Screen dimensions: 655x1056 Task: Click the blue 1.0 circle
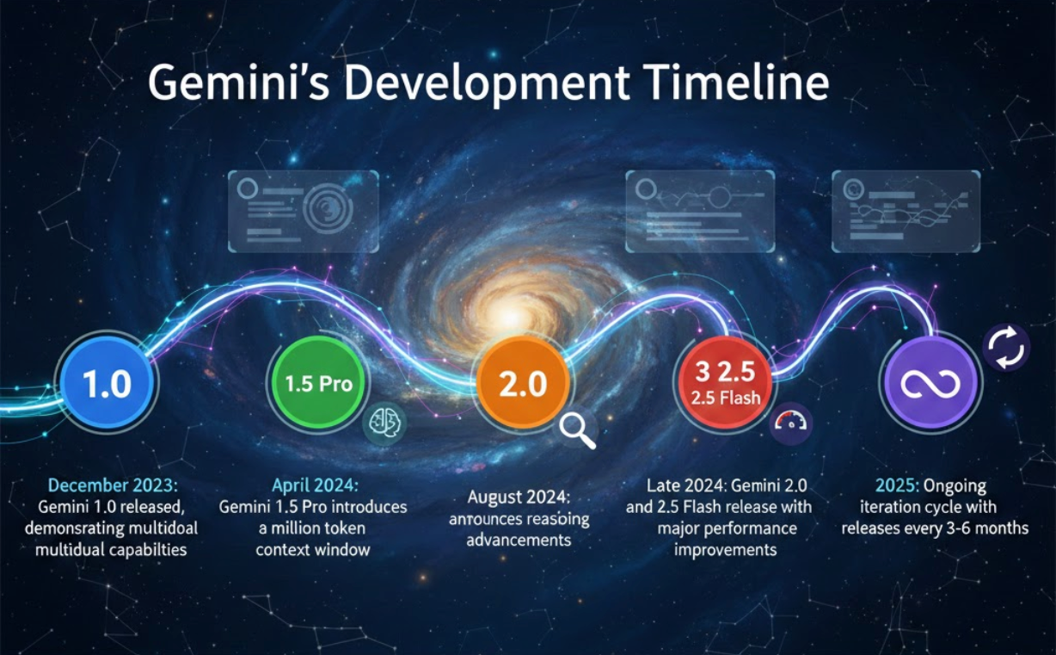(107, 384)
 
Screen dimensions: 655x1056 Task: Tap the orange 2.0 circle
(523, 384)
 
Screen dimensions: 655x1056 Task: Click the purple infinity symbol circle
(930, 384)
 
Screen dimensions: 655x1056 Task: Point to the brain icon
(384, 423)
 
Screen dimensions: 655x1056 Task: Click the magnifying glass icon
(577, 429)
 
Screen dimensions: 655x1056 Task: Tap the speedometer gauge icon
(789, 423)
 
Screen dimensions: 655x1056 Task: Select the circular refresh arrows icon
(1006, 347)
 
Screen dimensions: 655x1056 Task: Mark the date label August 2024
(519, 498)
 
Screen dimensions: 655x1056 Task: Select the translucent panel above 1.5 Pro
(303, 211)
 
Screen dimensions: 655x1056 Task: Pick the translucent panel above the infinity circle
(906, 211)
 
